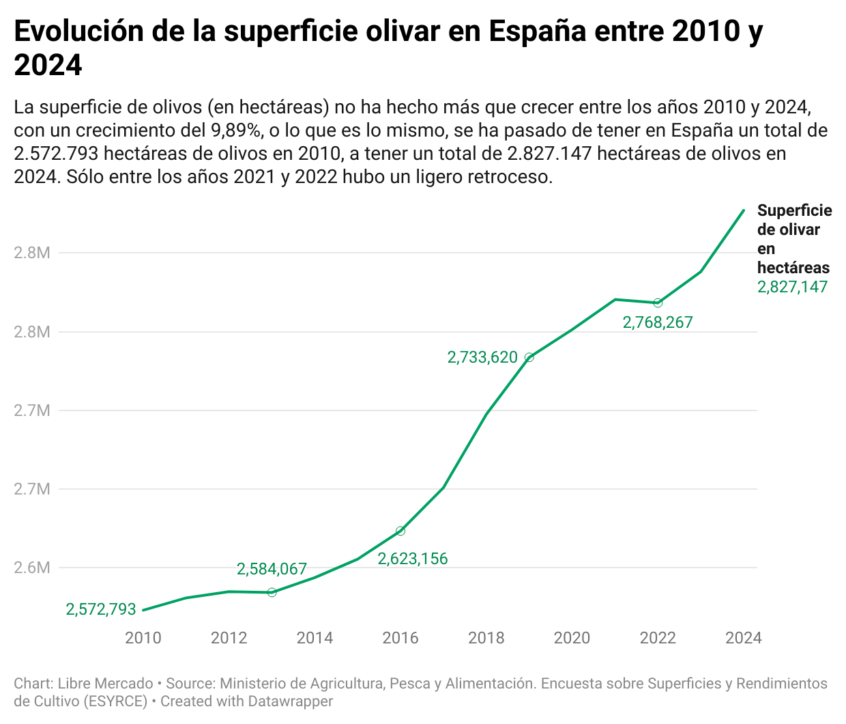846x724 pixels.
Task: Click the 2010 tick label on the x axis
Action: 143,638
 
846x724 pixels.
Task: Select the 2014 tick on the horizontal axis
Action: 315,638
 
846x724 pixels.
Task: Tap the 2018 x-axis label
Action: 486,638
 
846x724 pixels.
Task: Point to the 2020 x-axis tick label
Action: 572,638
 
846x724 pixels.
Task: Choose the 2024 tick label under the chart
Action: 743,638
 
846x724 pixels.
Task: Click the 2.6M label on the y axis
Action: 32,568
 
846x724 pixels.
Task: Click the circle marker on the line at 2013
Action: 272,592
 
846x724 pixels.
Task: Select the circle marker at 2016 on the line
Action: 400,531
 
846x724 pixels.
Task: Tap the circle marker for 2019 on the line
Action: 529,357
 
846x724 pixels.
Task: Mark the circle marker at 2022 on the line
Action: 658,303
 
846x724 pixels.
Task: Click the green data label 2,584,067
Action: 272,569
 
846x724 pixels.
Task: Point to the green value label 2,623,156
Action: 413,559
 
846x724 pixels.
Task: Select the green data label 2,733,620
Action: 482,357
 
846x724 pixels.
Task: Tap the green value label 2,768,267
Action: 658,322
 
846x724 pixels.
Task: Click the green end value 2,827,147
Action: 792,287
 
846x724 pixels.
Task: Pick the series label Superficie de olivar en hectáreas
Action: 793,239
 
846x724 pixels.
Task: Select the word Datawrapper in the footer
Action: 290,701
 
